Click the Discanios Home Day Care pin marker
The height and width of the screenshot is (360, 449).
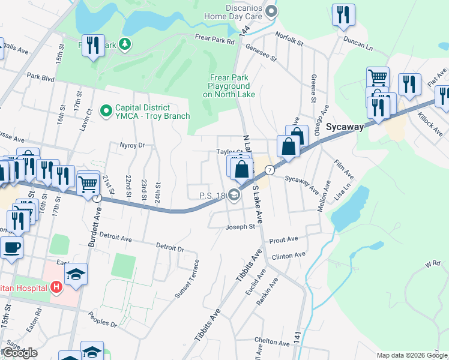[x=271, y=11]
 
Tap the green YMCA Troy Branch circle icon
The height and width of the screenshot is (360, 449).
[x=106, y=110]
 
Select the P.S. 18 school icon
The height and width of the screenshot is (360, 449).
[x=234, y=195]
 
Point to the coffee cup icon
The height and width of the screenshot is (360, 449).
[x=11, y=247]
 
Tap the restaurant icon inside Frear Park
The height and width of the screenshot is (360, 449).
[x=92, y=46]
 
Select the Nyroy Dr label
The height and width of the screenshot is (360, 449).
[x=133, y=145]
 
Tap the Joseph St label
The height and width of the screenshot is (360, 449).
[x=240, y=227]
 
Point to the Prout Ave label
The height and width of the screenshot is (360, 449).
[x=284, y=239]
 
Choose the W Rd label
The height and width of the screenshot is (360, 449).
[x=432, y=263]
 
